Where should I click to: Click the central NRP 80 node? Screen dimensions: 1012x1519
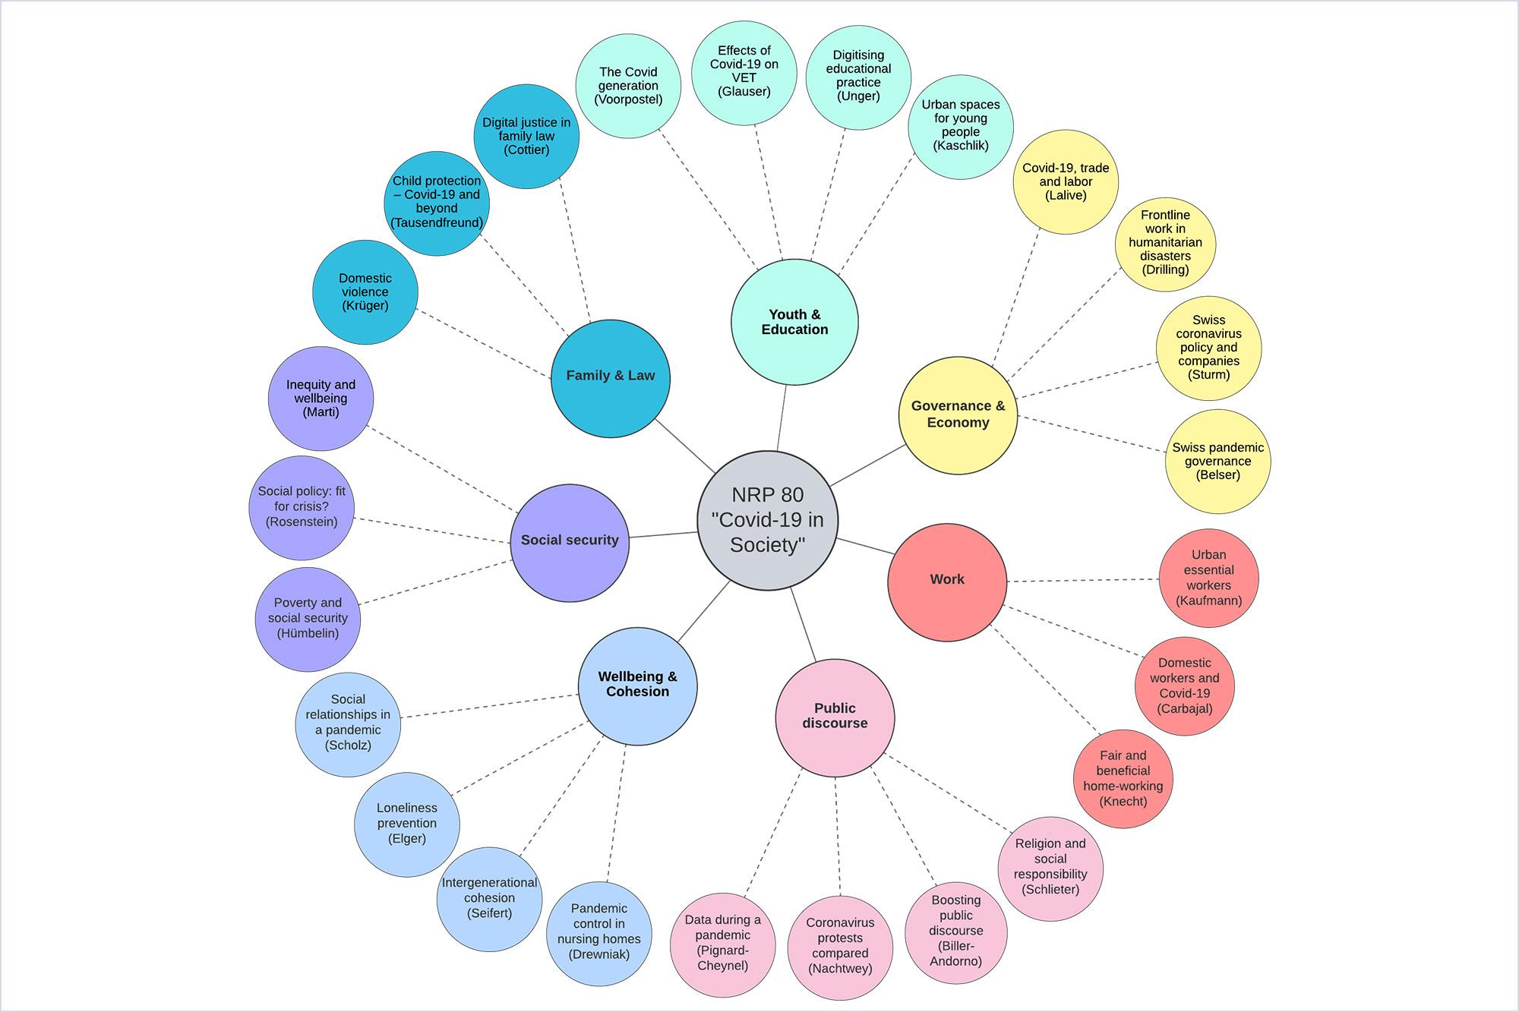[x=767, y=520]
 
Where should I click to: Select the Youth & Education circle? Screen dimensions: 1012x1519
[x=794, y=322]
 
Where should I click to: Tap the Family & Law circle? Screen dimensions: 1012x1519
[x=611, y=377]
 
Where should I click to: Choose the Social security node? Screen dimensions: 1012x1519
[x=570, y=542]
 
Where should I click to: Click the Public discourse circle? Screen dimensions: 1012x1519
[x=835, y=717]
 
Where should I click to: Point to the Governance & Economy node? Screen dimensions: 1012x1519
[x=958, y=415]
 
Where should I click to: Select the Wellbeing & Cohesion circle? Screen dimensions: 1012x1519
[x=637, y=686]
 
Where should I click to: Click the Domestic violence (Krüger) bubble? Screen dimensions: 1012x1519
[x=365, y=292]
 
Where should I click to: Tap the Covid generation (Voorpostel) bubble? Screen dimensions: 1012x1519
[x=628, y=86]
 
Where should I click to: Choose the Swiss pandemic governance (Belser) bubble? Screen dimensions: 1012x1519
[x=1217, y=461]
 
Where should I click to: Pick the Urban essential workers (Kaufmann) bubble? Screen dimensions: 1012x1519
[x=1208, y=578]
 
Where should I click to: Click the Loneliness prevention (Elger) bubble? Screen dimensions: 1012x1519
[x=407, y=824]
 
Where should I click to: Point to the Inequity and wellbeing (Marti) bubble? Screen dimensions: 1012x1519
[x=321, y=399]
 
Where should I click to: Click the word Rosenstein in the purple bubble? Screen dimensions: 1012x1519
[x=302, y=522]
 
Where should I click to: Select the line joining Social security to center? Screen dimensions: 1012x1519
[x=663, y=534]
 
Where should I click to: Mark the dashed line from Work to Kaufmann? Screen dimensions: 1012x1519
[x=1082, y=581]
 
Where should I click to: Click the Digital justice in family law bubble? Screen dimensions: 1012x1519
[x=526, y=137]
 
